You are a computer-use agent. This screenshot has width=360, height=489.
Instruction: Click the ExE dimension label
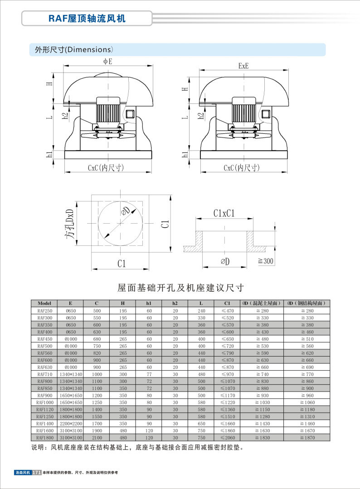[243, 66]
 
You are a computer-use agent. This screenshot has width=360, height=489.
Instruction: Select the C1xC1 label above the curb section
[224, 213]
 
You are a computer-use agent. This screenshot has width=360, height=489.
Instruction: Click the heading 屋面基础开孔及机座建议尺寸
[181, 288]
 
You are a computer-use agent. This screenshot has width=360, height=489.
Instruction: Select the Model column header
[44, 303]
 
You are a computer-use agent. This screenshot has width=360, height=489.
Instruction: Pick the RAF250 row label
[44, 311]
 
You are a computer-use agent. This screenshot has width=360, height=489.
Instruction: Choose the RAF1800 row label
[44, 437]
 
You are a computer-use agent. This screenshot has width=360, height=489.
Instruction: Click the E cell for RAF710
[70, 374]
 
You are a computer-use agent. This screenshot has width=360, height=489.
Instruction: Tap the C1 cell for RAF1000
[227, 402]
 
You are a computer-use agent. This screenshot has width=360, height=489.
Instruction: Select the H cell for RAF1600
[123, 430]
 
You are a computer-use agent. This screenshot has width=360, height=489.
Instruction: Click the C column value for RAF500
[97, 346]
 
